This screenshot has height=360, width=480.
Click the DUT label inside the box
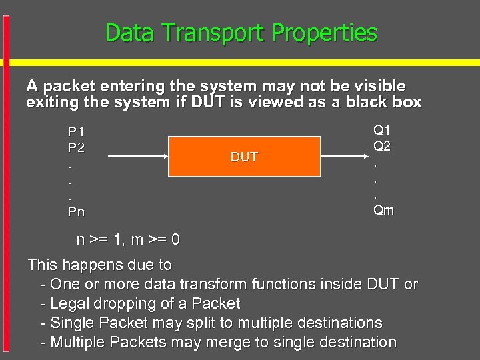[244, 157]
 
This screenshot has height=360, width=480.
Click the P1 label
[76, 131]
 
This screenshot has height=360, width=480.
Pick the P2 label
[76, 147]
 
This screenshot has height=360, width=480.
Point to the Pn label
[76, 211]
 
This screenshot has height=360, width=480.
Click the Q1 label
[382, 130]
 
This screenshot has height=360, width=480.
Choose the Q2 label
[382, 145]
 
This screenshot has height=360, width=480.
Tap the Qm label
[383, 210]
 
